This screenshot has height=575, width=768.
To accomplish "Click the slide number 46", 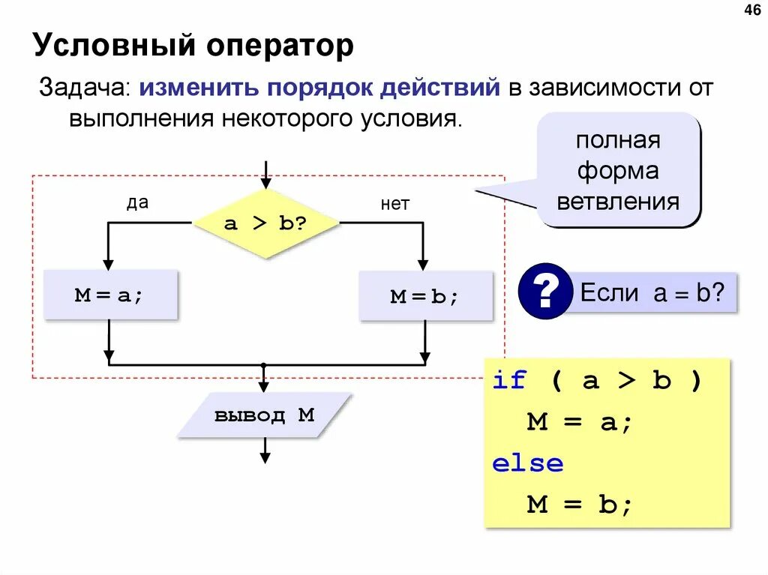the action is [x=751, y=10].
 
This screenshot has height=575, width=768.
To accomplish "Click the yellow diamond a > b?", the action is [x=266, y=223].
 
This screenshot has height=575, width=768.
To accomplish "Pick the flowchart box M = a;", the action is [x=110, y=295].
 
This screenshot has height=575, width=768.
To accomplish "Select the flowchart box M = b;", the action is [x=425, y=296].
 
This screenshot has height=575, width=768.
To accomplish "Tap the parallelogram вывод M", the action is [x=265, y=415].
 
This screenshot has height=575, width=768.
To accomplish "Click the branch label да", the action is [x=136, y=203].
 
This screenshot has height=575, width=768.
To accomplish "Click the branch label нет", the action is [x=394, y=204].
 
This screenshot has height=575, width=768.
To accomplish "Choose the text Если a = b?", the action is [x=652, y=292].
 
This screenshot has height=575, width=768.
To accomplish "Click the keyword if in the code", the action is [x=510, y=381].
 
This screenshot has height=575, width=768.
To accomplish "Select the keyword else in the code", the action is [x=527, y=463].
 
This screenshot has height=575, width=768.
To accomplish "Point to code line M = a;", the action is [x=580, y=422].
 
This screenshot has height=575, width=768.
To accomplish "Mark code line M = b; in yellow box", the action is [x=580, y=505].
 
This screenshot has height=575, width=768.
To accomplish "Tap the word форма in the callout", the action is [x=618, y=171].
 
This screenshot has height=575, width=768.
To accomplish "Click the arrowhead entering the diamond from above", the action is [x=265, y=182].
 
